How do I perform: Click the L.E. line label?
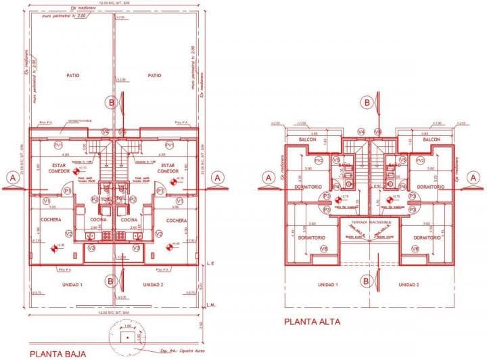211,263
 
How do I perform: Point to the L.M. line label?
211,303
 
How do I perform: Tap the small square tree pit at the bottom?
124,337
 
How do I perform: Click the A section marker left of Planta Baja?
11,177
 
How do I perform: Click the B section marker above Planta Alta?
367,102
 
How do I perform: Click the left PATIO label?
73,75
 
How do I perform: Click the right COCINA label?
129,221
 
